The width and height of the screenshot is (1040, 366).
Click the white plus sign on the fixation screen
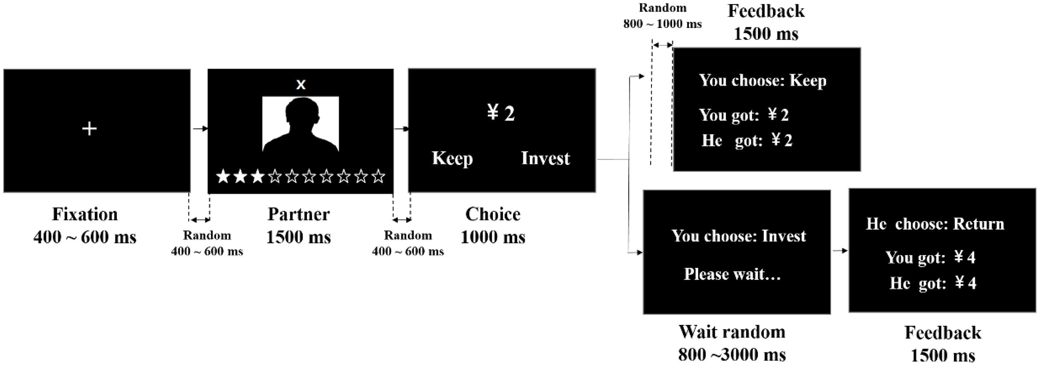(x=89, y=129)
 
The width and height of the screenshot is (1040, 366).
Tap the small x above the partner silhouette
(x=301, y=85)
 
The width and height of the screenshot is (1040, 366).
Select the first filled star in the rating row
(x=223, y=176)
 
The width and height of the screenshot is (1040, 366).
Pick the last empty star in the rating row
(x=378, y=176)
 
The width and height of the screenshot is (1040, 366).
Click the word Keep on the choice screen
(x=452, y=158)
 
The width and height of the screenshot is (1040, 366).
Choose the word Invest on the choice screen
(x=546, y=158)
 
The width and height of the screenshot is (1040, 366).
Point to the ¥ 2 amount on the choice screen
(x=501, y=113)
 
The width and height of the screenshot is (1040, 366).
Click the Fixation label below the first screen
(x=85, y=214)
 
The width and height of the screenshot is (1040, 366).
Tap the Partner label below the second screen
(x=299, y=214)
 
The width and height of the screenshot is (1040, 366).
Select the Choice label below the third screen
(x=492, y=214)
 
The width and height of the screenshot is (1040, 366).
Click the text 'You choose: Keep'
(x=763, y=81)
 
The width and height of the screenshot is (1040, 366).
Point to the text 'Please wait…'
(x=732, y=274)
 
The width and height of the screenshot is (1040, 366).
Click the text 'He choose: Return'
(x=935, y=224)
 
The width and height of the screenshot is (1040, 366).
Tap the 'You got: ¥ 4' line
(x=931, y=258)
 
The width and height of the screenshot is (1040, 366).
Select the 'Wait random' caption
(x=732, y=332)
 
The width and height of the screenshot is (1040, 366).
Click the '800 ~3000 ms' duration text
(x=732, y=355)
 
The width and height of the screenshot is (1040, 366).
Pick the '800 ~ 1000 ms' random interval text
(x=663, y=24)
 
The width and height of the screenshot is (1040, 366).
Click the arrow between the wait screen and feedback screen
(x=840, y=251)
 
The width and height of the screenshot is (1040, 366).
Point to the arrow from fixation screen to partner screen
(x=200, y=129)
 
